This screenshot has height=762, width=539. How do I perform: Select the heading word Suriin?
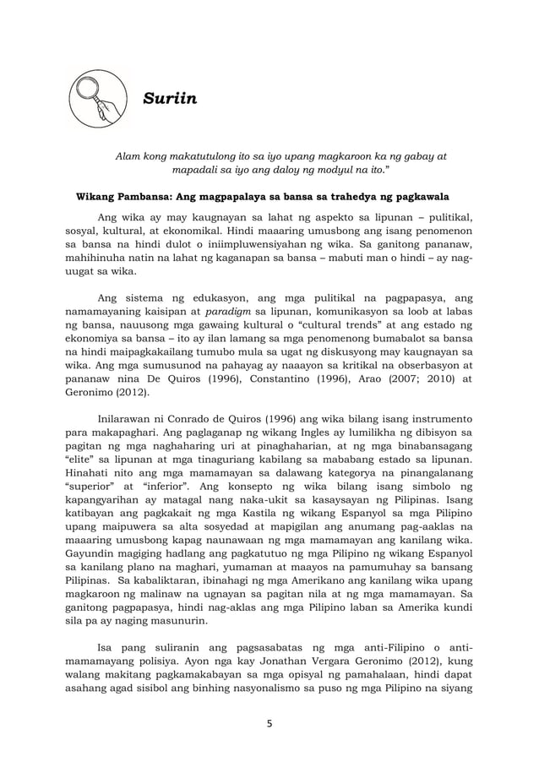coord(168,100)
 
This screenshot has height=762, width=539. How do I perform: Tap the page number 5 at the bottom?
coord(269,722)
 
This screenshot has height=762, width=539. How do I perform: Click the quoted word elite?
coord(81,454)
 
